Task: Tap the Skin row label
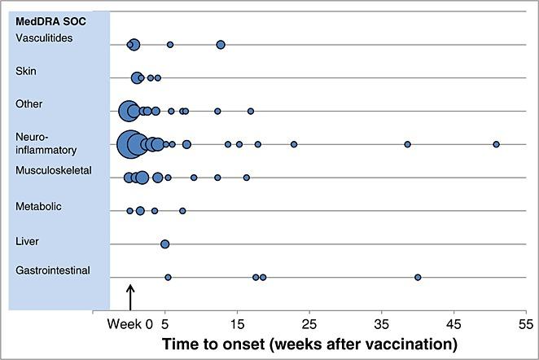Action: [26, 71]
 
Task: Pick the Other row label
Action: [29, 104]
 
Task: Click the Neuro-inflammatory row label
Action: [46, 143]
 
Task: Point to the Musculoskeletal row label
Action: [54, 170]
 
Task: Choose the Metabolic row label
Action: [38, 207]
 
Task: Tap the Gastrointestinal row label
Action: [52, 270]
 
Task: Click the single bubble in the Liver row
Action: [164, 244]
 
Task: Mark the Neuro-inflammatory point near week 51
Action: [496, 144]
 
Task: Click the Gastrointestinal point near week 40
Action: [418, 277]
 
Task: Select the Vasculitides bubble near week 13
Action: [221, 45]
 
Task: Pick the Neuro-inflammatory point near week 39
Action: [407, 144]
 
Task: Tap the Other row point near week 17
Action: [251, 111]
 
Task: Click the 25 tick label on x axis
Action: [309, 323]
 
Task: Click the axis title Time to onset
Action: [309, 343]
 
